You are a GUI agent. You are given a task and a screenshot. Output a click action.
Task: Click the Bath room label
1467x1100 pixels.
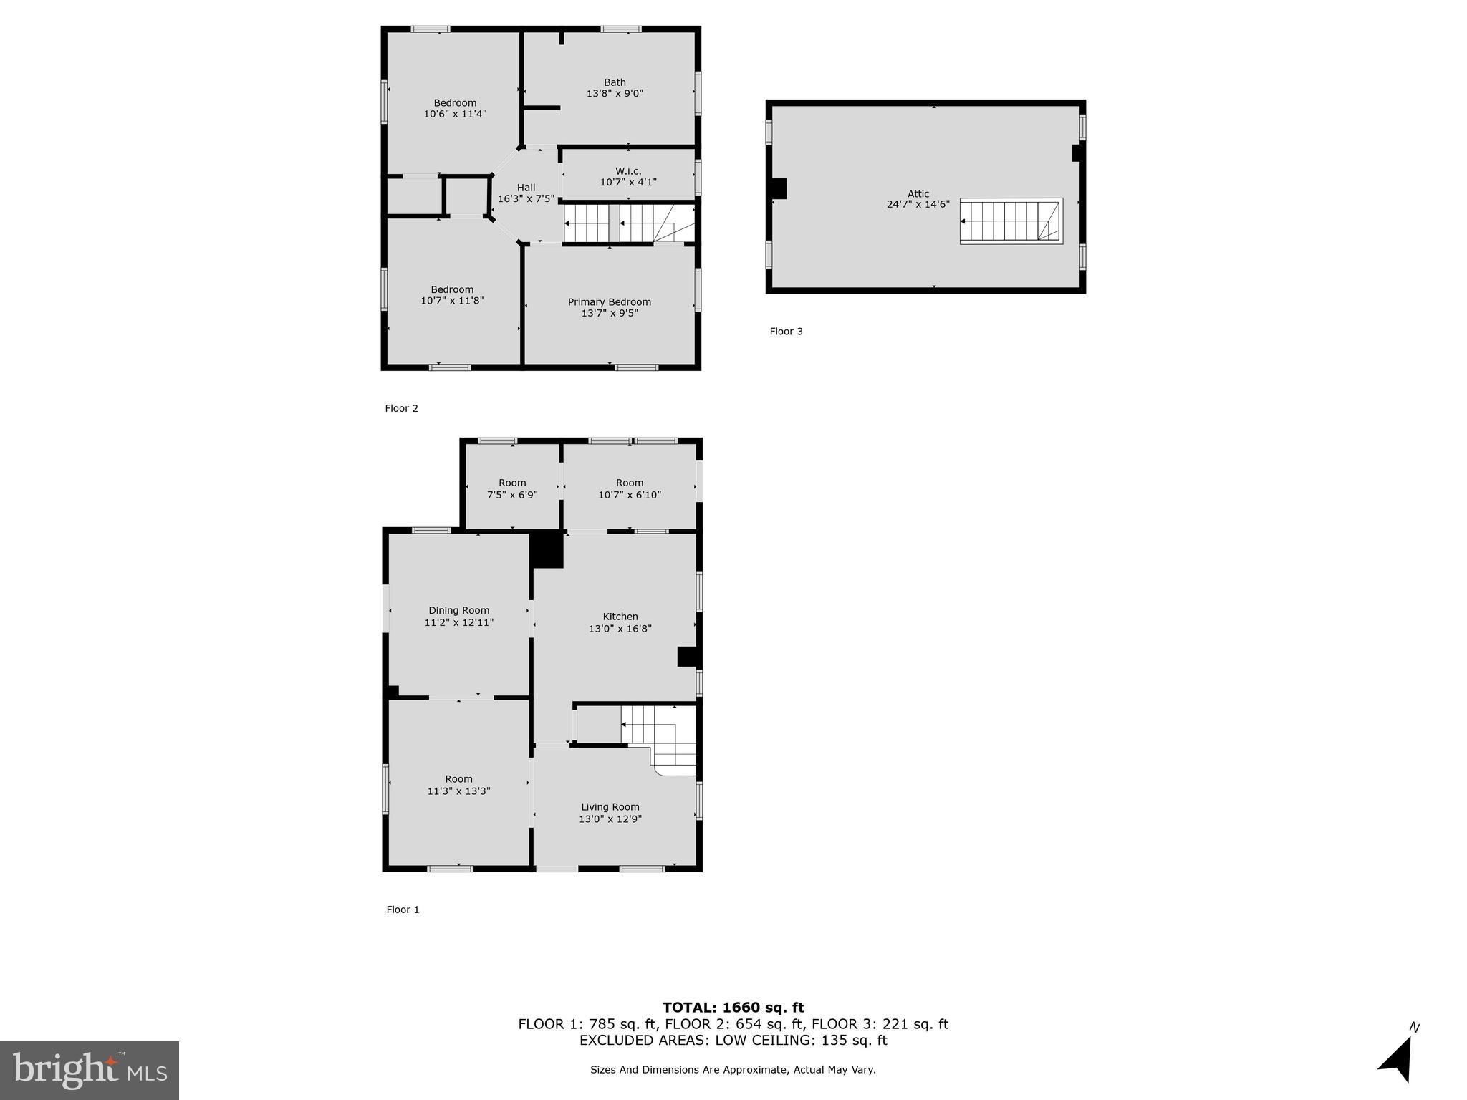pos(615,82)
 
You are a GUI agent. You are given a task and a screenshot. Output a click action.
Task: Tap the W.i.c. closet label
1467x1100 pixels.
pos(628,171)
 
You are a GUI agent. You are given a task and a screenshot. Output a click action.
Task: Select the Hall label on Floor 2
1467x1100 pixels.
pos(526,188)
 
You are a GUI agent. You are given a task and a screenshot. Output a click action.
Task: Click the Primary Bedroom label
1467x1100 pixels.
pos(610,302)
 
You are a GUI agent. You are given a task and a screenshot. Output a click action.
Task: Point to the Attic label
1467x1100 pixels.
pos(918,193)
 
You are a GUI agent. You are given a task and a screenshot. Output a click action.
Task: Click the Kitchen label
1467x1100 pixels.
pos(620,617)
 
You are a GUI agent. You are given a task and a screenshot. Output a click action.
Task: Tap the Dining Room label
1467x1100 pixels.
pos(459,611)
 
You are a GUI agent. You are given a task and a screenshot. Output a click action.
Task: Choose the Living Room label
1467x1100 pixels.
pos(610,807)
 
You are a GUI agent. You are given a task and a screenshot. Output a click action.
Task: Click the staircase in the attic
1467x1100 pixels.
pos(1011,221)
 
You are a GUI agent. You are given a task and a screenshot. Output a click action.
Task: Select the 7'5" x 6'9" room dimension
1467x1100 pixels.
pos(512,495)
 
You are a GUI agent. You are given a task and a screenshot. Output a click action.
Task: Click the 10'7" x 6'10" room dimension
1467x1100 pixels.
pos(630,495)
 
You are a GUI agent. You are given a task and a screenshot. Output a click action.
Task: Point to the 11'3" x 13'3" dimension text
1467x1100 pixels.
pos(458,791)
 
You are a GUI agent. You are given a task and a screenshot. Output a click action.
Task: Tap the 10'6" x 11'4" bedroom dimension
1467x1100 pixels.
pos(455,114)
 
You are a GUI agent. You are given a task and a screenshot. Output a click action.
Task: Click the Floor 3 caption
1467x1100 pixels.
pos(786,332)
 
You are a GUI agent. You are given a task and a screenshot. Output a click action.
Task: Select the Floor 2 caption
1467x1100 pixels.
pos(401,408)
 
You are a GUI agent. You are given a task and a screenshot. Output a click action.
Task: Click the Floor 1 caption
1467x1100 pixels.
pos(403,910)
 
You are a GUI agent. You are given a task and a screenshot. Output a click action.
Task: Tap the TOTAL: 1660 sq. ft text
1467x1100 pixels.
pos(733,1008)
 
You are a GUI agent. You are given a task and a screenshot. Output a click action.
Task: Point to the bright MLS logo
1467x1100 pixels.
pos(90,1070)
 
